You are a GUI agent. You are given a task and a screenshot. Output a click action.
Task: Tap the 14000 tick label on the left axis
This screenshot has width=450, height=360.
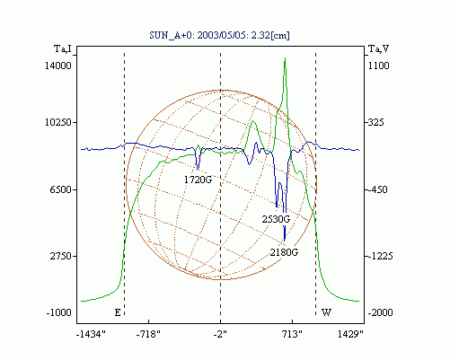pos(58,66)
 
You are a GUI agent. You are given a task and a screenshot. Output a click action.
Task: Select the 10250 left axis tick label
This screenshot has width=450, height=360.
pos(58,122)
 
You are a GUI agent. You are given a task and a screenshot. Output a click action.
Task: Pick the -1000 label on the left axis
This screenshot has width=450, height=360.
pos(59,312)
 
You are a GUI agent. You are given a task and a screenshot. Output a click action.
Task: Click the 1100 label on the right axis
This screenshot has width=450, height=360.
pos(378,66)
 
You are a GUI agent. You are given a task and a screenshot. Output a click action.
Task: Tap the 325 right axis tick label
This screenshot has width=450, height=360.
pos(376,122)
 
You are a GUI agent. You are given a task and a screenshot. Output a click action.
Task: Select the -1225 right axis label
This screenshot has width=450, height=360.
pos(380,256)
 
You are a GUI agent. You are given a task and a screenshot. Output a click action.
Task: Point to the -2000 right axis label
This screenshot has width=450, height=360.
pos(380,312)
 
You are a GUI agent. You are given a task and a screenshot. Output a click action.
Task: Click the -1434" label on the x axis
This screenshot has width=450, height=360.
pos(91,334)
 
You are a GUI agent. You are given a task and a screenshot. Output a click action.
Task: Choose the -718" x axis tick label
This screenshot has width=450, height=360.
pos(148,334)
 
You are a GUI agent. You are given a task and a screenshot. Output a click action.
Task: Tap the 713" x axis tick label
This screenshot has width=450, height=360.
pos(292,334)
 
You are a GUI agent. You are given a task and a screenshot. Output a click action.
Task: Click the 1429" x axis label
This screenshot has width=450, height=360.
pos(350,334)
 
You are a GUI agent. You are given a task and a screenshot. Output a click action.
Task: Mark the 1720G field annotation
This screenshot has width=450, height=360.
pos(198,180)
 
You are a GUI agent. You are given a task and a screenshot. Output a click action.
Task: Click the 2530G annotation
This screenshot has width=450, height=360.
pos(276,219)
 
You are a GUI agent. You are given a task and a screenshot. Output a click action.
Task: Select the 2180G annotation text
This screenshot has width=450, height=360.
pos(284,252)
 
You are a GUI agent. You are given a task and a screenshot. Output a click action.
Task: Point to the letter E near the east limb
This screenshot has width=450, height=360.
pos(118,312)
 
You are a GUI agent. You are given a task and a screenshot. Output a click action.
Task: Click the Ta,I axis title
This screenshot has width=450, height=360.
pos(63,48)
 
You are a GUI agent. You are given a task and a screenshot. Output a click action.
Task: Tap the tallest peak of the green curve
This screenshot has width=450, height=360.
pos(285,58)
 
